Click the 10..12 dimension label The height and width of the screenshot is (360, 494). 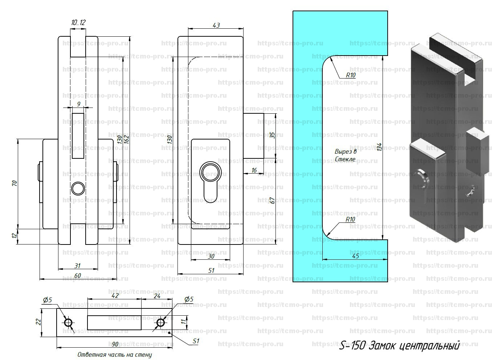tap(78, 23)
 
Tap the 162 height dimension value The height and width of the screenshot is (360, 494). tap(127, 139)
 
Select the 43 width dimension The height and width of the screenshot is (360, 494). tap(216, 25)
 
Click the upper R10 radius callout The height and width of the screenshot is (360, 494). tap(351, 75)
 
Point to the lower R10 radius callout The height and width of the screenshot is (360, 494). tap(350, 219)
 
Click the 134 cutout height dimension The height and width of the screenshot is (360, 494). tap(379, 147)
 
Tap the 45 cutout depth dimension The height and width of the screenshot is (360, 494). tap(355, 256)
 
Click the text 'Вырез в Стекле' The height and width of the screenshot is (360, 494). tap(346, 155)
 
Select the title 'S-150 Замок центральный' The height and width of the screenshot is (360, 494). tap(399, 346)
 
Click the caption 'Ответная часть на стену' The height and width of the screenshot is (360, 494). tap(115, 355)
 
